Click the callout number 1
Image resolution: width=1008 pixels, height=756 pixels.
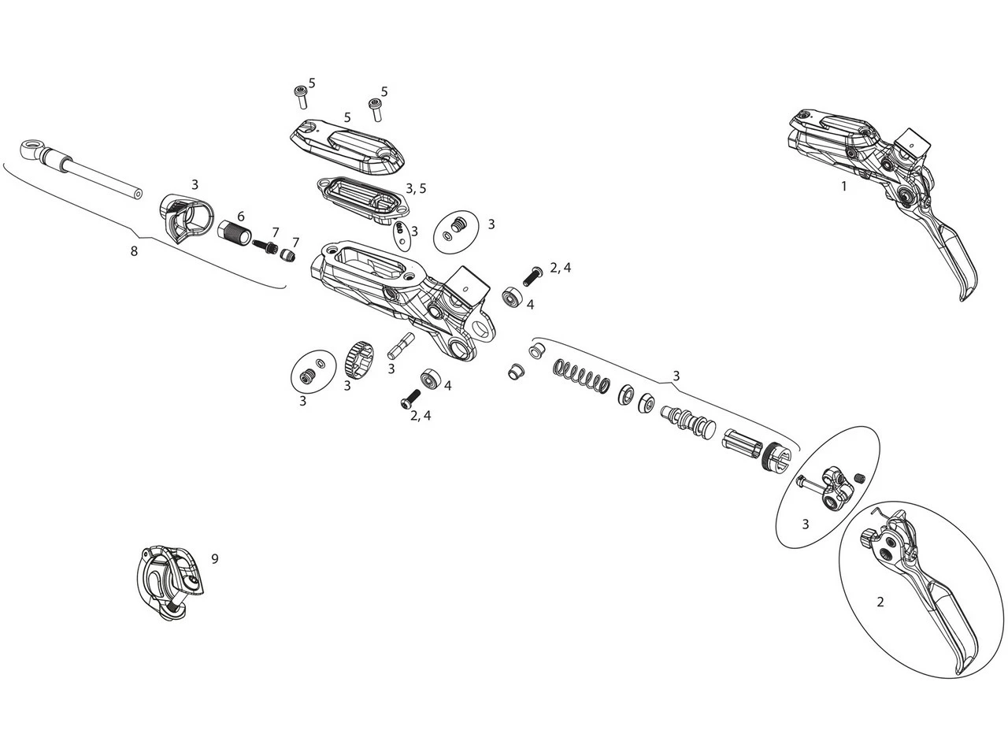tap(843, 187)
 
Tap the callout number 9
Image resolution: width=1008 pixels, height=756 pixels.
tap(214, 559)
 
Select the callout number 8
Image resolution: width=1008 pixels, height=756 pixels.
tap(133, 251)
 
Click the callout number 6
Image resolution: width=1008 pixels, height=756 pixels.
tap(240, 217)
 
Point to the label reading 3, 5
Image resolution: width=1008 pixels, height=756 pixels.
tap(415, 188)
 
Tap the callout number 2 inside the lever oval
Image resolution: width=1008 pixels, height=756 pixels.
tap(880, 602)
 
